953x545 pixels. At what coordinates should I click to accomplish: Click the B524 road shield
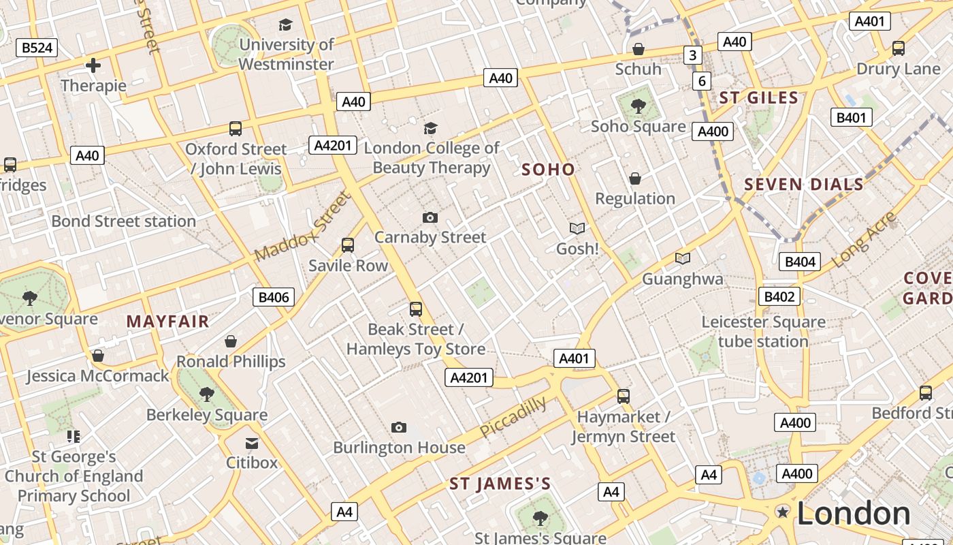[37, 48]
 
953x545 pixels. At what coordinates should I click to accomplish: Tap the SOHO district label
[548, 170]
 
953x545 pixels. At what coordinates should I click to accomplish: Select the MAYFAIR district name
[167, 322]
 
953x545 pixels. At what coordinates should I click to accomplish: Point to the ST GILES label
[759, 98]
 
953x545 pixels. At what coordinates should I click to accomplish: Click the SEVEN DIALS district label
[804, 184]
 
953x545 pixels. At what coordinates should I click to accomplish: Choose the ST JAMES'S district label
[500, 484]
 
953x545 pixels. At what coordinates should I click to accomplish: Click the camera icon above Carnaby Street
[430, 217]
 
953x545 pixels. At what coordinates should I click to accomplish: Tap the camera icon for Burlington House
[400, 428]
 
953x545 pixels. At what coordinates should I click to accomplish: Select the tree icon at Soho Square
[638, 106]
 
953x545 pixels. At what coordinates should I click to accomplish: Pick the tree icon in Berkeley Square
[207, 394]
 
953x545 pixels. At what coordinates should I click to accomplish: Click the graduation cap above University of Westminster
[286, 25]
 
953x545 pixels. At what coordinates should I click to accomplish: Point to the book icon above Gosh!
[577, 228]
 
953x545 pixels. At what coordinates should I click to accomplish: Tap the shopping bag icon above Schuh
[639, 49]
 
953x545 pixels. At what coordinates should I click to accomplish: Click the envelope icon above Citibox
[252, 443]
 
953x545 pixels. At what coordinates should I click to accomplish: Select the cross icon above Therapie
[93, 65]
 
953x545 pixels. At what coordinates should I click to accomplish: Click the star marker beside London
[783, 512]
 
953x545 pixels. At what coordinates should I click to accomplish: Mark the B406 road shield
[274, 297]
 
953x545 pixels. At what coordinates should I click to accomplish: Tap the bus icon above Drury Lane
[899, 48]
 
